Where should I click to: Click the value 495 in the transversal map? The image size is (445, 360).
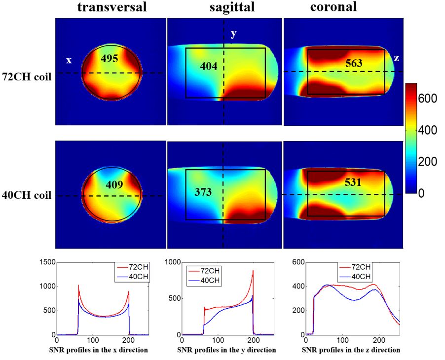coord(110,58)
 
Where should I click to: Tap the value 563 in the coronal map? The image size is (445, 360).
coord(354,63)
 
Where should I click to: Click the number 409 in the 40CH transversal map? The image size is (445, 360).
coord(114,184)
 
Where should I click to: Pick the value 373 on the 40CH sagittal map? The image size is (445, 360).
coord(202,192)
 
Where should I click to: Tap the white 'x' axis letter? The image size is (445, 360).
coord(69,60)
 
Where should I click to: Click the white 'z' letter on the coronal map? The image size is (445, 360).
coord(396,58)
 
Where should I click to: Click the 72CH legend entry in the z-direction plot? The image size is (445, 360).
coord(359,268)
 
